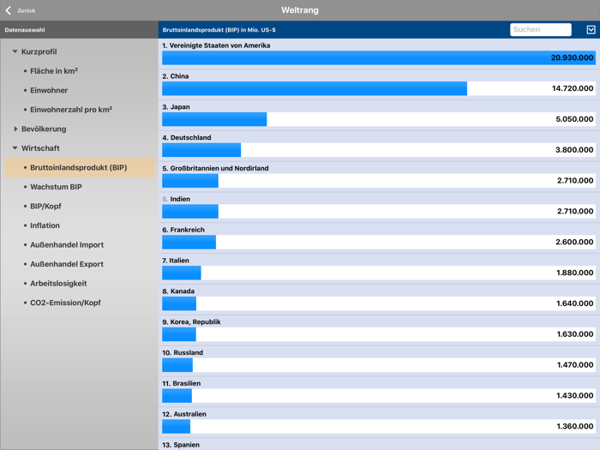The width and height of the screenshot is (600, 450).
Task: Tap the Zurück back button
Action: coord(21,10)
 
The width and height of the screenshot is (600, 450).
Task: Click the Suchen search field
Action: coord(540,29)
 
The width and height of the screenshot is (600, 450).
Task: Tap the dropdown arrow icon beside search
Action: coord(591,29)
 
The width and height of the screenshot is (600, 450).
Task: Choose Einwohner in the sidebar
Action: coord(49,90)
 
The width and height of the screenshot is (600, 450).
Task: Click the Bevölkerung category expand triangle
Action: coord(15,129)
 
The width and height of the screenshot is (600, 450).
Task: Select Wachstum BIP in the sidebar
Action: coord(56,187)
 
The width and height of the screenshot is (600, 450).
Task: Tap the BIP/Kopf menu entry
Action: coord(45,207)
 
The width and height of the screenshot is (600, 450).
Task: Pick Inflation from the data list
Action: coord(45,225)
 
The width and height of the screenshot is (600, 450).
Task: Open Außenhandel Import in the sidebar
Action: coord(67,245)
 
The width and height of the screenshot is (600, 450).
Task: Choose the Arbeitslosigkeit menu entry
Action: coord(58,284)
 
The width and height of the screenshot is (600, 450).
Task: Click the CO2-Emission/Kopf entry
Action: coord(65,303)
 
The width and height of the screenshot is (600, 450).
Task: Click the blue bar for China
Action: coord(314,88)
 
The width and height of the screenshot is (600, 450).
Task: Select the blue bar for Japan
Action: coord(214,119)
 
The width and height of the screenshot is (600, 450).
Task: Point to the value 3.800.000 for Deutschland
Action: coord(573,150)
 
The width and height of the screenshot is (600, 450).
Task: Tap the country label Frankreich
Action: coord(188,230)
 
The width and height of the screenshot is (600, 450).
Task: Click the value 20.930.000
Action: coord(572,57)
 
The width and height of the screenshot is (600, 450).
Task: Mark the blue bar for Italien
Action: coord(182,273)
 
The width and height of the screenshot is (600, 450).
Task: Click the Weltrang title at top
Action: coord(300,10)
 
